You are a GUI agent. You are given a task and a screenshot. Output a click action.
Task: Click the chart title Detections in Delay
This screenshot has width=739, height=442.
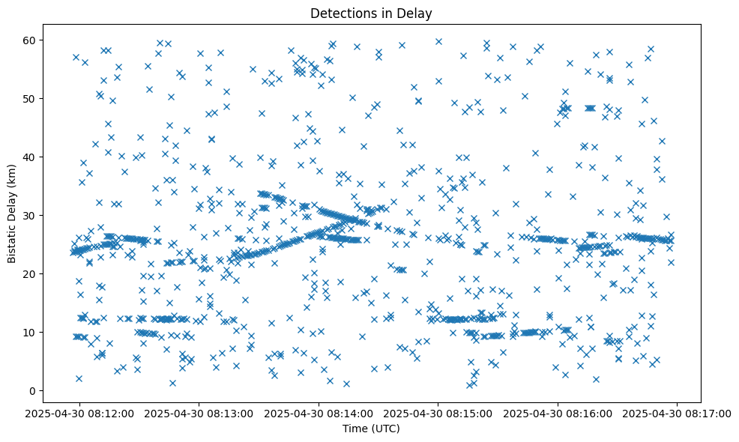tap(371, 13)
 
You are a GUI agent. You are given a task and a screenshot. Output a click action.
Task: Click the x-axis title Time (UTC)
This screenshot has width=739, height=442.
tap(371, 429)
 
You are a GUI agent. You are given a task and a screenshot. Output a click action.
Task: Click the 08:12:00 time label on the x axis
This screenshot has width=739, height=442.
tap(80, 413)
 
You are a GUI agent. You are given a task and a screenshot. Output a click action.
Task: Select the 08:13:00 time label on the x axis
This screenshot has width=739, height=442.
tap(199, 413)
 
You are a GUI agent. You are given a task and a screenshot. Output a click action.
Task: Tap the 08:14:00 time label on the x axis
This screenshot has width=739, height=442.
tap(319, 413)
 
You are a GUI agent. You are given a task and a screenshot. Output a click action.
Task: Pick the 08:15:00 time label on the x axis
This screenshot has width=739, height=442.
tap(438, 413)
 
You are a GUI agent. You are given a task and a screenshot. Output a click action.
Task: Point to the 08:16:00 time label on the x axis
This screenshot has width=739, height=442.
tap(558, 413)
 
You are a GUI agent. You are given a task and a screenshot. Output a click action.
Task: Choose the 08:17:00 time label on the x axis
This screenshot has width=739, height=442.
tap(678, 413)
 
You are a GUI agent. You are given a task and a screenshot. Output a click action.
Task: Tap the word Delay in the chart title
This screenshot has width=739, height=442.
tap(417, 13)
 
